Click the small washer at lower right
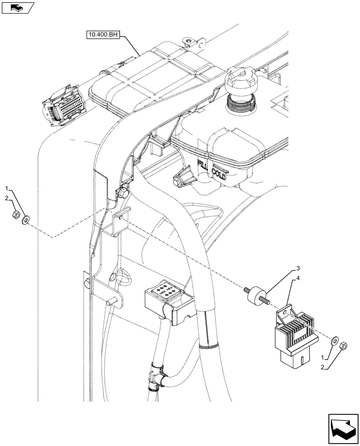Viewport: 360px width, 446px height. coord(333,343)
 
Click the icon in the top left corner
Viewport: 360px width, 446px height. coord(18,8)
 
